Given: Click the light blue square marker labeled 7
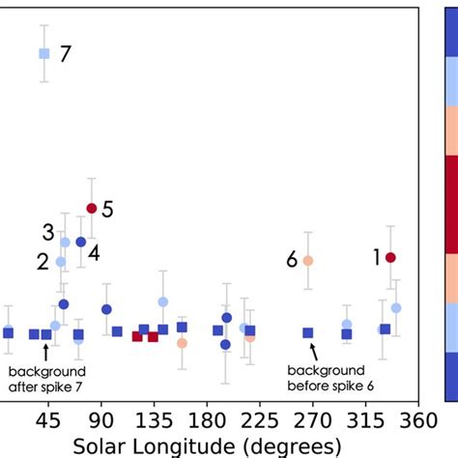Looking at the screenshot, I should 43,54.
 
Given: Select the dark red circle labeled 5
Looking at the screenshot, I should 91,208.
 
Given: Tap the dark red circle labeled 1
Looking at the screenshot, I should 390,257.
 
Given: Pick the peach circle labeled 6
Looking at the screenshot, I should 308,261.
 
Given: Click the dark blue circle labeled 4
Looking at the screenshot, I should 81,242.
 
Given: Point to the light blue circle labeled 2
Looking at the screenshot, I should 61,262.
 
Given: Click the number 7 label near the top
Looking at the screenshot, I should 65,54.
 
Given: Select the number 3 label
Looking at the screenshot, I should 47,232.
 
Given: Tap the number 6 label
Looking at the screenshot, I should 290,260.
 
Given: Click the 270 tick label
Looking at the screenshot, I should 309,419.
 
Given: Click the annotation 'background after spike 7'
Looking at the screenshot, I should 46,378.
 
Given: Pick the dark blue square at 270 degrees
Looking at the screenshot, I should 308,332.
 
